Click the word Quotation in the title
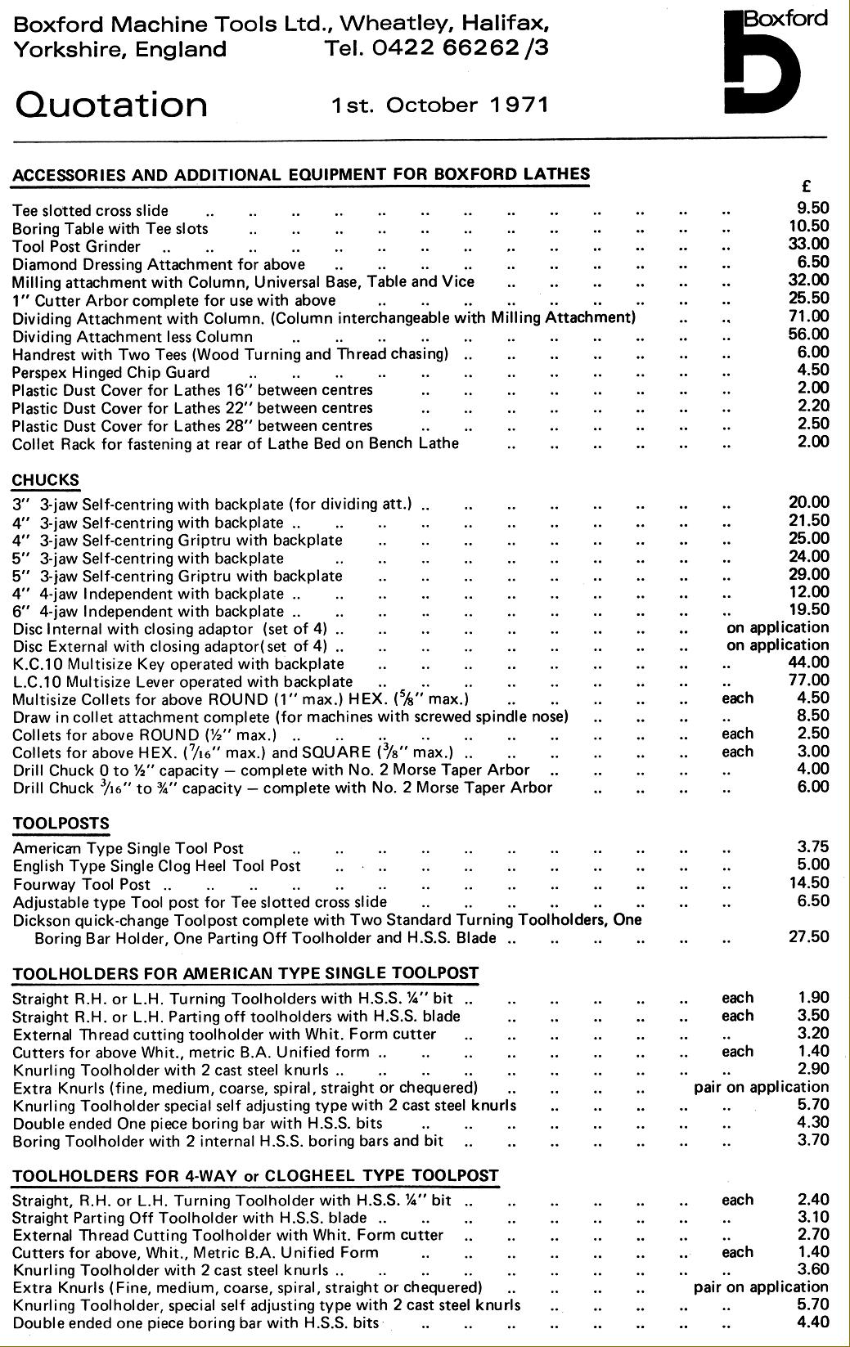[111, 105]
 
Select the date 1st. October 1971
[439, 105]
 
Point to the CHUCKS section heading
[46, 480]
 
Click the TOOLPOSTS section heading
[61, 824]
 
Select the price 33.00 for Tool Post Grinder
[808, 244]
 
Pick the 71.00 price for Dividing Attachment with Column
[808, 316]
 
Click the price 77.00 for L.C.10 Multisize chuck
[808, 680]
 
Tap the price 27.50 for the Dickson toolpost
[808, 936]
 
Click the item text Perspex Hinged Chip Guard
[111, 373]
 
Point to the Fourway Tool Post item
[82, 884]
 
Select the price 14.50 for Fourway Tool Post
[808, 883]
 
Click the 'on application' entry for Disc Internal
[777, 627]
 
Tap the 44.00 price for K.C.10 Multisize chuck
[808, 662]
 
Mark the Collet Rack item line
[236, 443]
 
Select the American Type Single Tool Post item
[128, 849]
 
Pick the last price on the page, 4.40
[812, 1322]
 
